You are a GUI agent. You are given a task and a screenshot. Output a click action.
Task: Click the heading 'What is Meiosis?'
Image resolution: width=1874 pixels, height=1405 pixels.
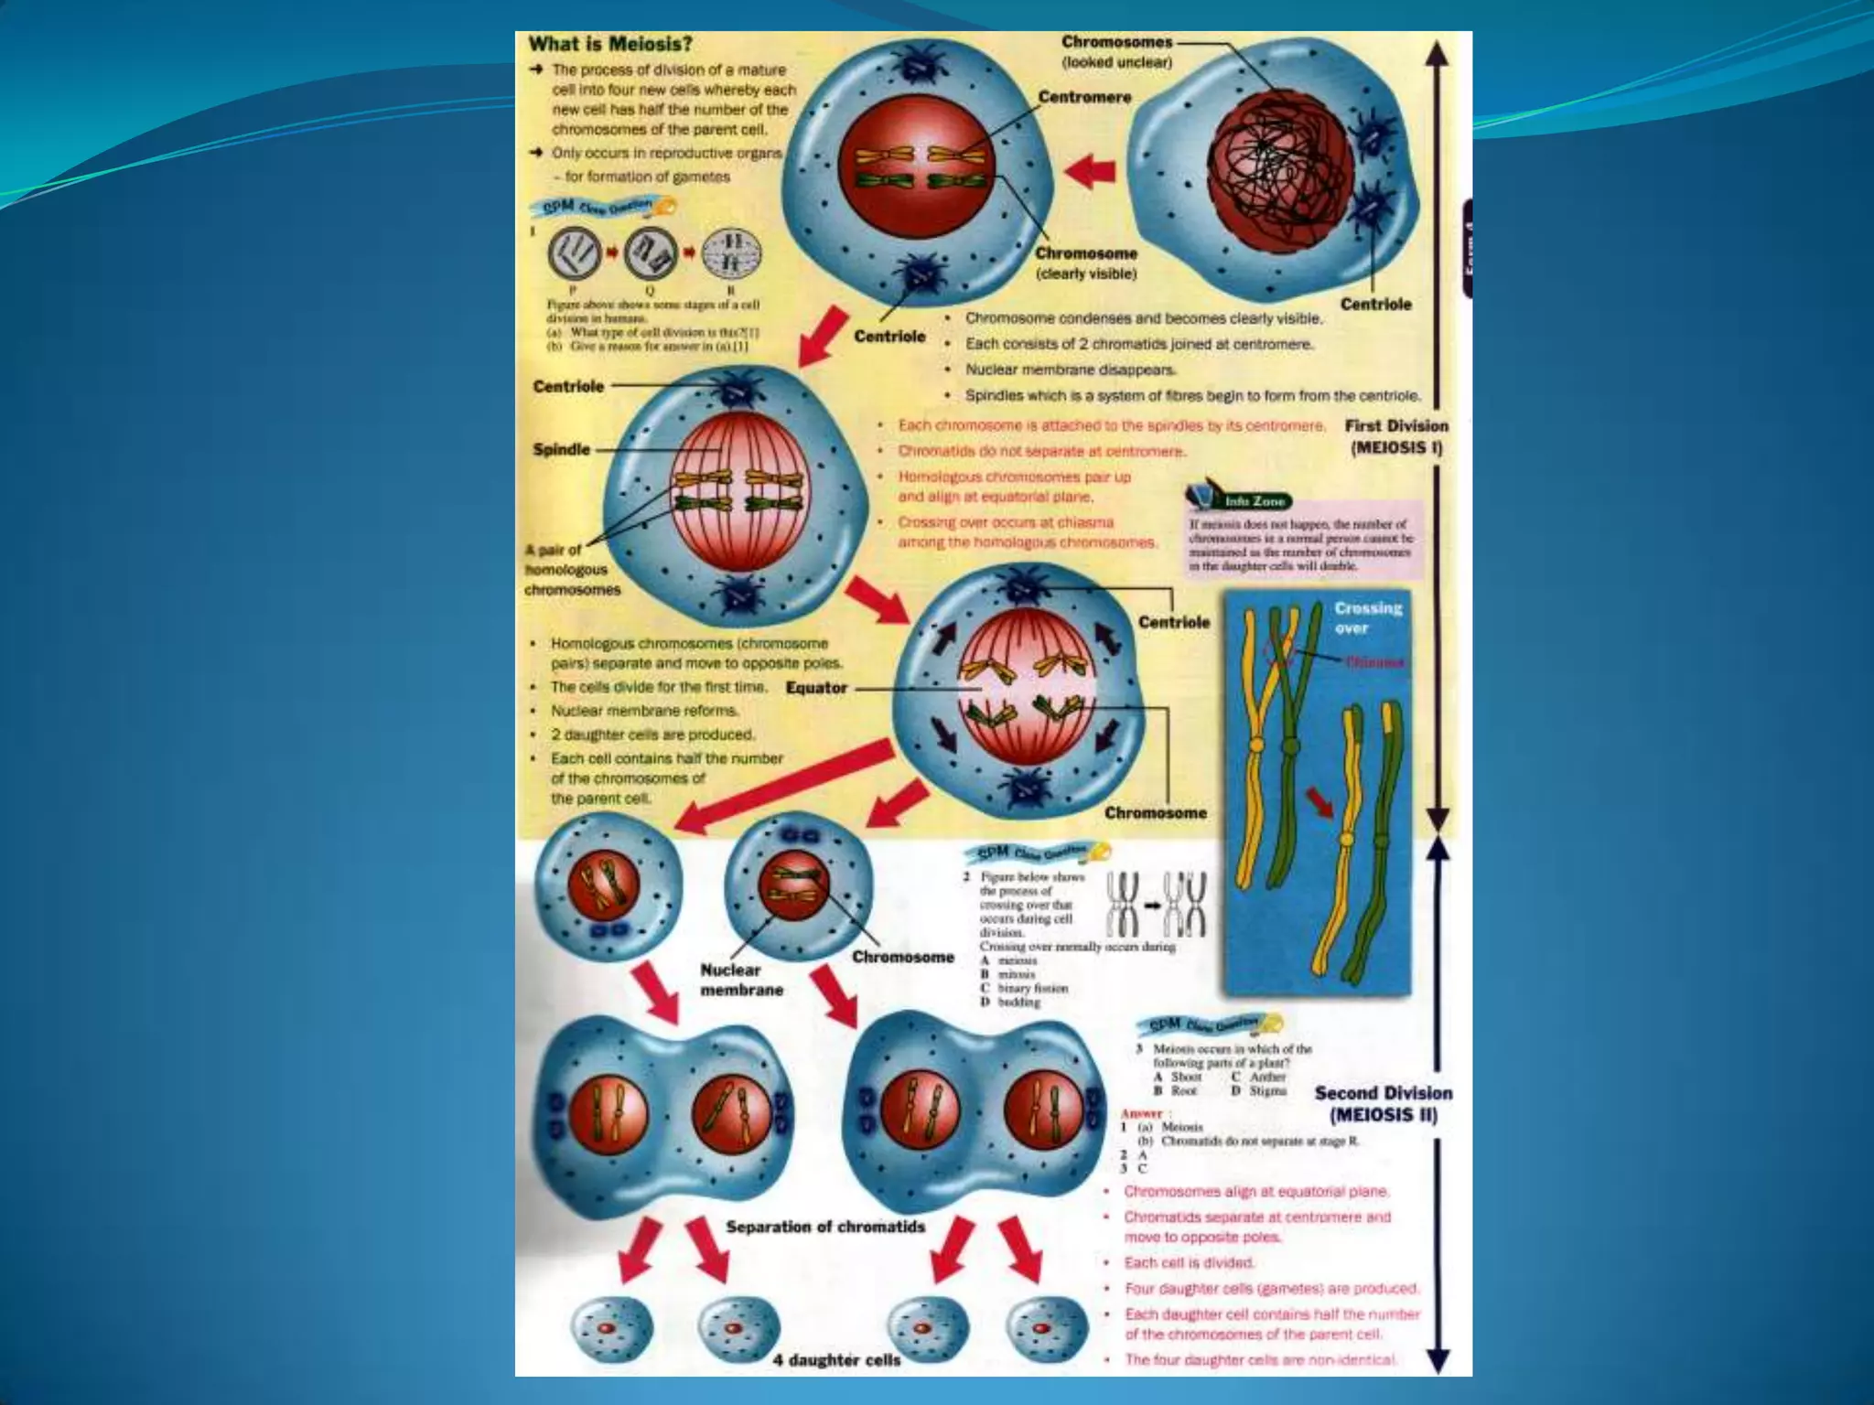tap(610, 44)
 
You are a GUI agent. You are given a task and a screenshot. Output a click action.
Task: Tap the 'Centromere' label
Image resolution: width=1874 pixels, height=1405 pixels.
tap(1084, 97)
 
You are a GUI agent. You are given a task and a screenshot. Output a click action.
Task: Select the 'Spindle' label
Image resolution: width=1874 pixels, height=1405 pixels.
tap(561, 450)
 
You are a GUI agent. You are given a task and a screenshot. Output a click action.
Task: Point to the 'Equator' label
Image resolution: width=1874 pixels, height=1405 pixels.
tap(816, 688)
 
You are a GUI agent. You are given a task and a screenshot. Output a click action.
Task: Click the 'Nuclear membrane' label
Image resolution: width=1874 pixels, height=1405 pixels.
tap(741, 980)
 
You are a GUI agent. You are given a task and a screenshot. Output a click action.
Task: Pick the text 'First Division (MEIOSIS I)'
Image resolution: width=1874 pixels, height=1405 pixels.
tap(1396, 436)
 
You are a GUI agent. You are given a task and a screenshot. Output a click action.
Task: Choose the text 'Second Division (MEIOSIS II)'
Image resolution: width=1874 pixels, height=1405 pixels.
tap(1383, 1103)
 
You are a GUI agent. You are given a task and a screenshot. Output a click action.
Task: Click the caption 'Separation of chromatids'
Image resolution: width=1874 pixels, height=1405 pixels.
tap(825, 1227)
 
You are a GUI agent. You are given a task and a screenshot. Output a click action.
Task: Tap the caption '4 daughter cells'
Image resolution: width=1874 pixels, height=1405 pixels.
tap(836, 1360)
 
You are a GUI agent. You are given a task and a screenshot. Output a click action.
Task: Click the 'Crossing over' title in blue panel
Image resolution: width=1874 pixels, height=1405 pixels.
tap(1367, 617)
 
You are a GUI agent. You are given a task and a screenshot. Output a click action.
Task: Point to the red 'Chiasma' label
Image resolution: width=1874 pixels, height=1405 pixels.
tap(1375, 662)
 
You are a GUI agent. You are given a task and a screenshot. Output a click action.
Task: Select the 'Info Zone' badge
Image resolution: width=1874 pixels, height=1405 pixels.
tap(1255, 501)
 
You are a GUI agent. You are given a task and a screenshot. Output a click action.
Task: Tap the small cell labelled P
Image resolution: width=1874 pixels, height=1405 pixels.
tap(575, 254)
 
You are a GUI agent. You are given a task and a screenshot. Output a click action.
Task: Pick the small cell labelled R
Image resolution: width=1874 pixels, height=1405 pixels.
tap(731, 254)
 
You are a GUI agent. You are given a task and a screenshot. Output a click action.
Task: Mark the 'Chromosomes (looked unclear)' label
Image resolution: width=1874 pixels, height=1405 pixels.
tap(1116, 52)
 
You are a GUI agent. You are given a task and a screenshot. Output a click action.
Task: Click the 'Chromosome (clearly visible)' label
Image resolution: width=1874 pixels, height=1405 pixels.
tap(1086, 263)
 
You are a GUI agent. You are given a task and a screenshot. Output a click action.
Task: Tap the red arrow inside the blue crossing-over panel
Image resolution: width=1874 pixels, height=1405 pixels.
tap(1320, 802)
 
